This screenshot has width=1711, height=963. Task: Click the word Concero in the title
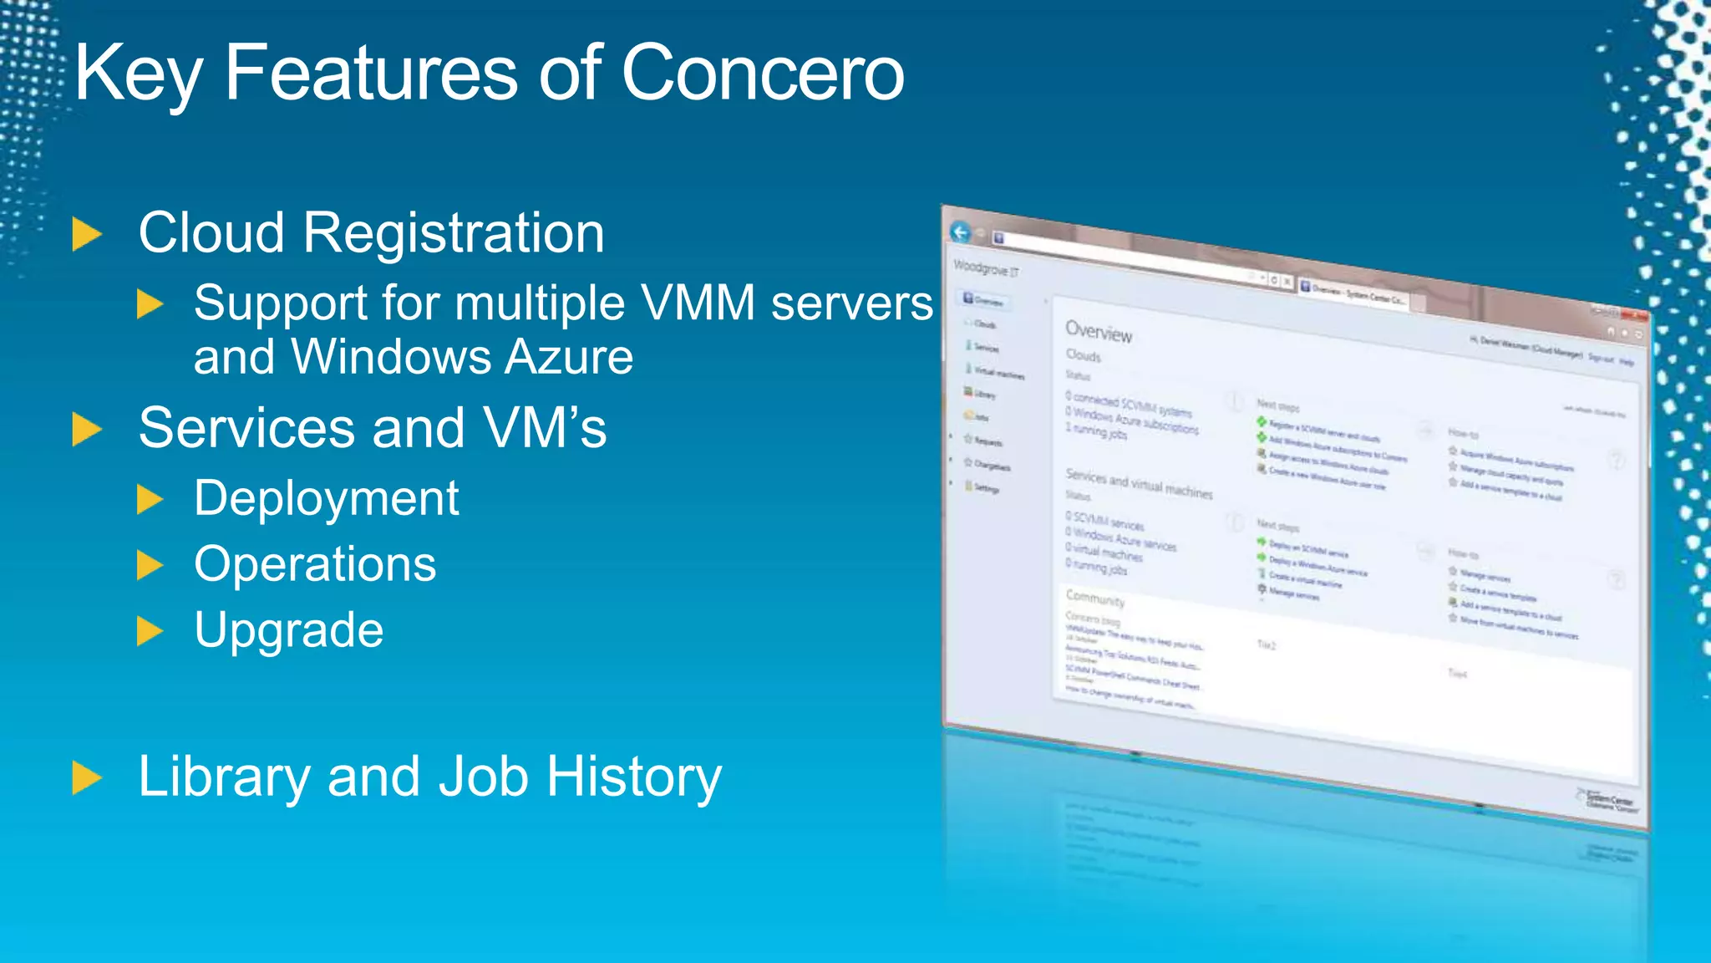pyautogui.click(x=762, y=74)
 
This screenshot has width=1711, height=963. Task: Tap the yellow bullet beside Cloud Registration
pyautogui.click(x=86, y=234)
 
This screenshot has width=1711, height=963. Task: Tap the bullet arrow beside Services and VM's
pyautogui.click(x=86, y=430)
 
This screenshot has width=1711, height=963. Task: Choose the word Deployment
pyautogui.click(x=326, y=499)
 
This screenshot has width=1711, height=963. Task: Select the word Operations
pyautogui.click(x=315, y=564)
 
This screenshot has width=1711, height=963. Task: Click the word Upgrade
pyautogui.click(x=288, y=630)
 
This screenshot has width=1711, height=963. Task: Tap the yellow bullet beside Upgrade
pyautogui.click(x=150, y=631)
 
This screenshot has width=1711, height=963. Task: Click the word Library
pyautogui.click(x=224, y=777)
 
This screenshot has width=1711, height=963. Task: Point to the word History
pyautogui.click(x=634, y=777)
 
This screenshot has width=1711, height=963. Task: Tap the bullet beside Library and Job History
pyautogui.click(x=86, y=777)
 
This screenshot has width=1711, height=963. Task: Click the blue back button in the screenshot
pyautogui.click(x=961, y=232)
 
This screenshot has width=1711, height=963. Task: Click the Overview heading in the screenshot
pyautogui.click(x=1098, y=332)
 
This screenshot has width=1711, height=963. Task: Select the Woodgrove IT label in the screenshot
pyautogui.click(x=986, y=268)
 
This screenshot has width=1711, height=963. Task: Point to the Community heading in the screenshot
pyautogui.click(x=1094, y=598)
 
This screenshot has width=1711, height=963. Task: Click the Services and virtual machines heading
pyautogui.click(x=1138, y=483)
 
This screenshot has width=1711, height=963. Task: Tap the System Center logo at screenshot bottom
pyautogui.click(x=1608, y=801)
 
